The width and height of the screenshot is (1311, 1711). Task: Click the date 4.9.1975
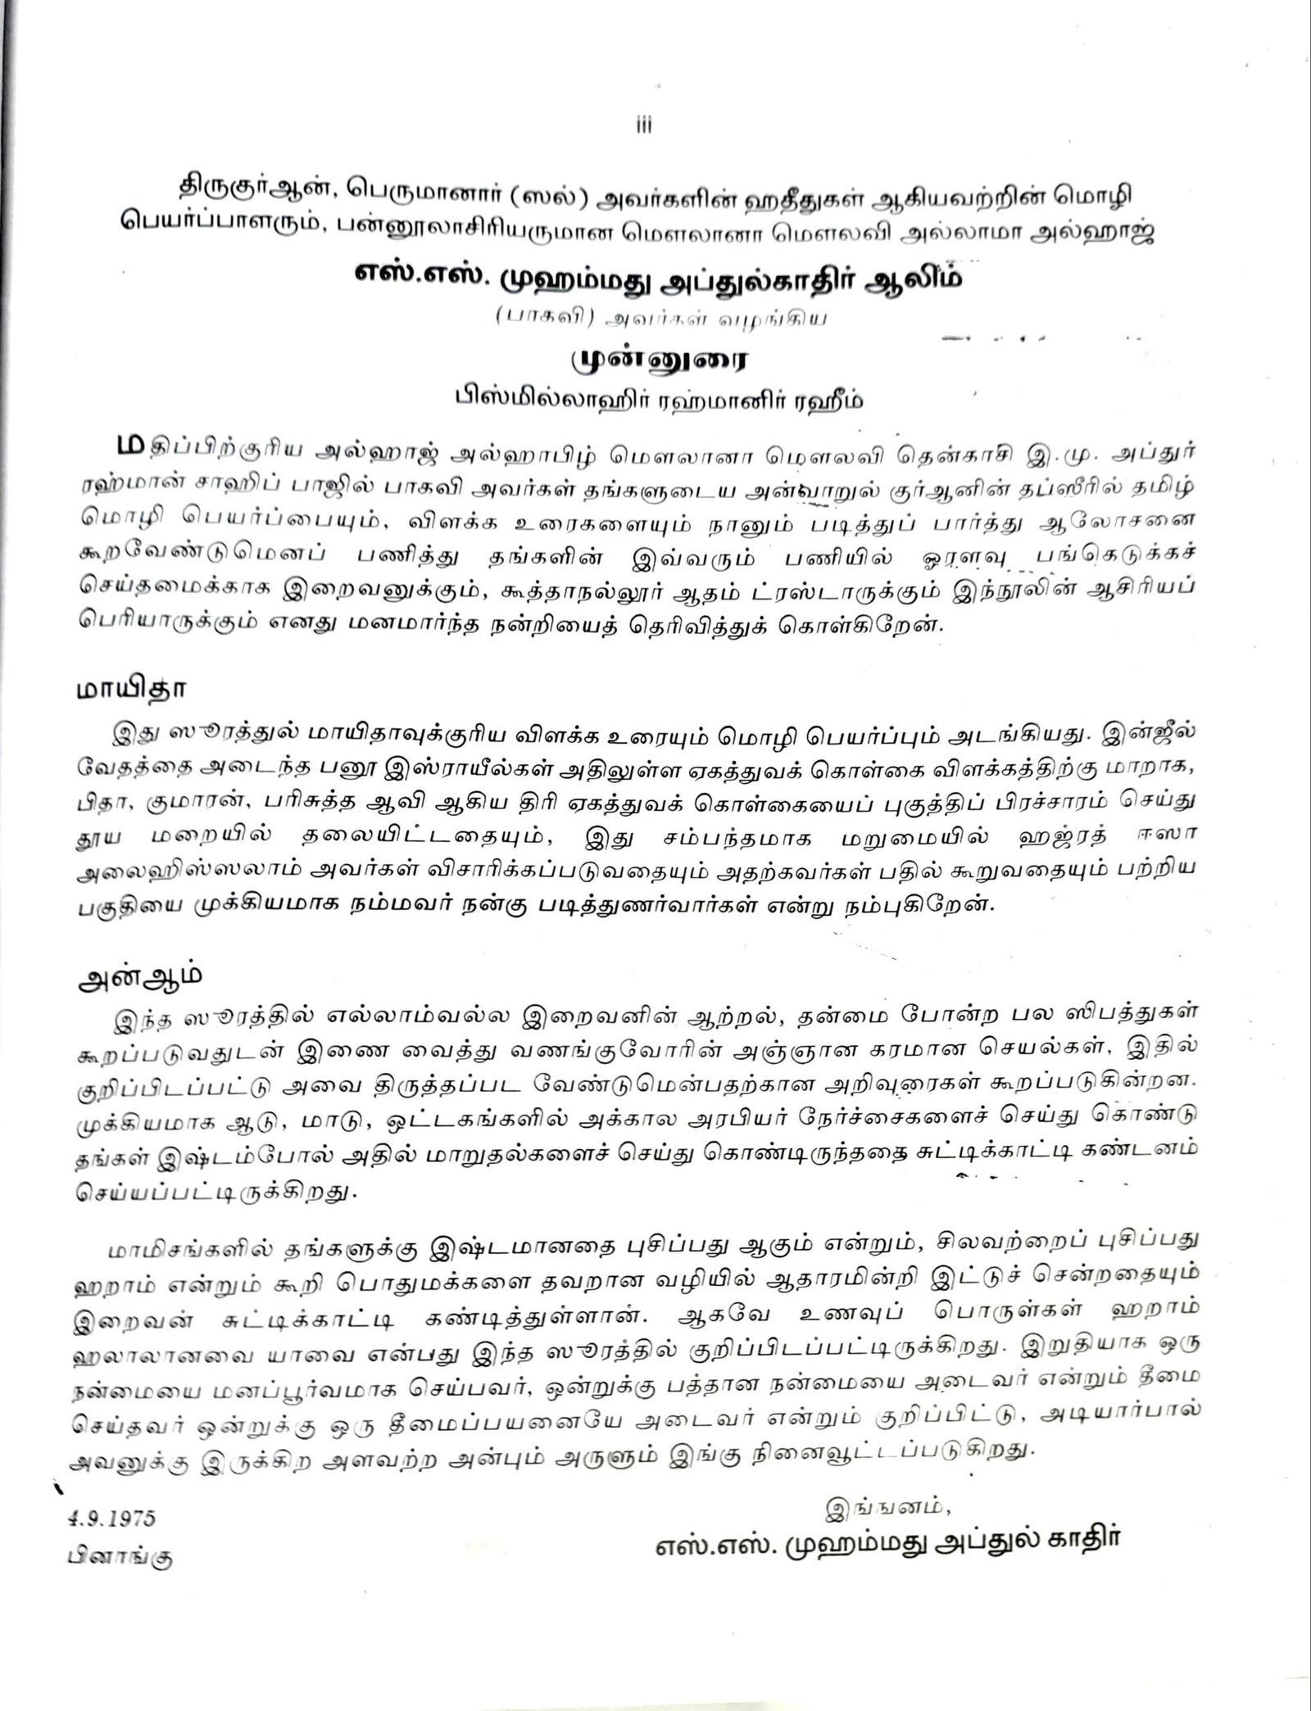pos(111,1517)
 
